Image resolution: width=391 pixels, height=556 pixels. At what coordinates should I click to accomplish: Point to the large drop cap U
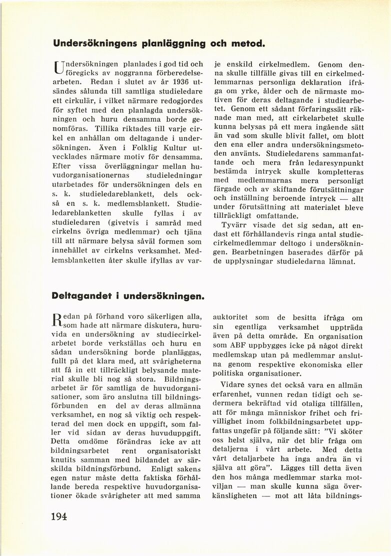58,68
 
